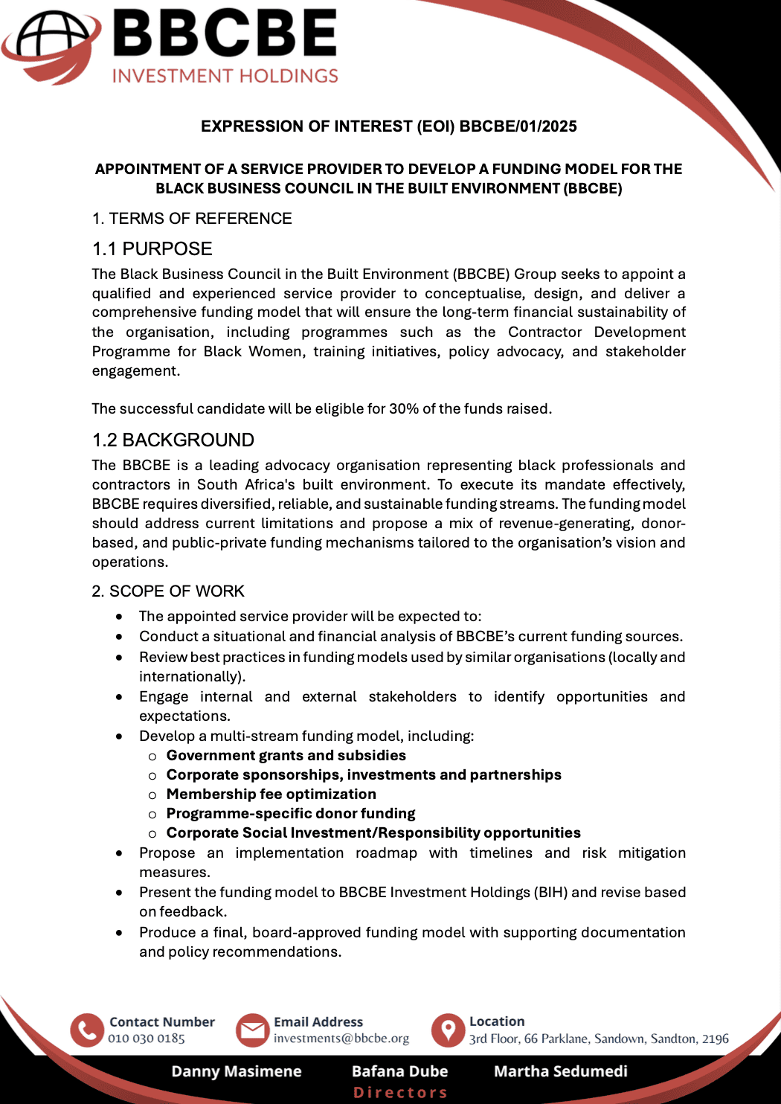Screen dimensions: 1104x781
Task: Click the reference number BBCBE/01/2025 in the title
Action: pos(518,126)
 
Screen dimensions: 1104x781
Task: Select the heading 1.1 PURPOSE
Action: pos(152,248)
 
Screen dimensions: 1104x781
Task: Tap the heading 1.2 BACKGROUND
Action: pos(173,440)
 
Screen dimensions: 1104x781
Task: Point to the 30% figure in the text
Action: pos(404,408)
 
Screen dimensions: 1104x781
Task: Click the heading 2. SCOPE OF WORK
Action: pos(168,591)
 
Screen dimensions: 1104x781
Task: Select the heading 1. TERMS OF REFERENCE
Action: pos(192,219)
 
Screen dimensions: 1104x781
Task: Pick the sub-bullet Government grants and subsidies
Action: pos(286,755)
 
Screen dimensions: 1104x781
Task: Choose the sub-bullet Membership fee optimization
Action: pos(271,794)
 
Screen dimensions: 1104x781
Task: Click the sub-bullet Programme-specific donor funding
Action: pos(290,813)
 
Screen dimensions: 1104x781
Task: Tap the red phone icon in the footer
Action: pos(87,1030)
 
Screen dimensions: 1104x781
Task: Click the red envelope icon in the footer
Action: pos(252,1030)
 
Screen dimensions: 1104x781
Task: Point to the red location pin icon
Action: pos(448,1030)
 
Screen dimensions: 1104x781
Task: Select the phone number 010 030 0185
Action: pos(147,1039)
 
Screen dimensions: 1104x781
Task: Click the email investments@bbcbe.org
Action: pos(341,1039)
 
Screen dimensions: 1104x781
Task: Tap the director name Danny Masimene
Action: pos(237,1071)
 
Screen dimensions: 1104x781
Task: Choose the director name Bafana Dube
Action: pos(399,1071)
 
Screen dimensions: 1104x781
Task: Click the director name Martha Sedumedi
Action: pos(560,1071)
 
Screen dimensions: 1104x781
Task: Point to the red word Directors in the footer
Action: pos(400,1092)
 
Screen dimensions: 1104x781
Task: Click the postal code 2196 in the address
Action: pos(715,1039)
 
